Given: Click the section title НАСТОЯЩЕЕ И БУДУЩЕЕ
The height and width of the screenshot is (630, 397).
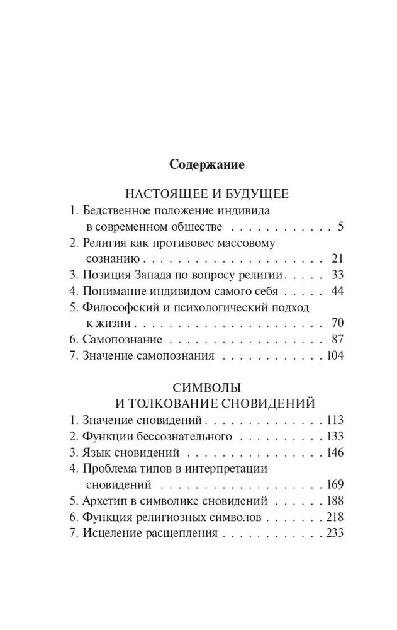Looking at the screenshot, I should [206, 193].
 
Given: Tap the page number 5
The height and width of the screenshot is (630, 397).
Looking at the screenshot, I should [340, 227].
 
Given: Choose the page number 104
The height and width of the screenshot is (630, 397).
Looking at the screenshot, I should [333, 356].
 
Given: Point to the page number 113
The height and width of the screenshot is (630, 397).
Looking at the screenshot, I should [333, 420].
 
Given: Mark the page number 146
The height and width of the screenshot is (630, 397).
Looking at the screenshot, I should [333, 452].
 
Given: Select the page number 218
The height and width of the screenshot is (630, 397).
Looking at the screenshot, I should [333, 517].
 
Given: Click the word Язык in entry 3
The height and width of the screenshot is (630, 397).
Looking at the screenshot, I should [95, 452].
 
